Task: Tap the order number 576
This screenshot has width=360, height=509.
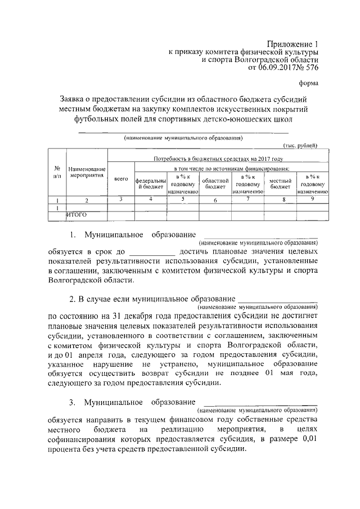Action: [x=312, y=69]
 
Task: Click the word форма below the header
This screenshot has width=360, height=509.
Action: [x=309, y=84]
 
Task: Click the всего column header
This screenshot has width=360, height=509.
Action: [x=121, y=179]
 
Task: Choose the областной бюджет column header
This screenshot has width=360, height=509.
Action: [x=215, y=184]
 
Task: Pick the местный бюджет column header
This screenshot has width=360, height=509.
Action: [x=280, y=184]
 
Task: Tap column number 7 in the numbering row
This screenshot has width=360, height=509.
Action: [x=248, y=199]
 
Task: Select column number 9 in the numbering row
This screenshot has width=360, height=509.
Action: [x=313, y=199]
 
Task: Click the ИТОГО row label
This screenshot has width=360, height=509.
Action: [x=78, y=214]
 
